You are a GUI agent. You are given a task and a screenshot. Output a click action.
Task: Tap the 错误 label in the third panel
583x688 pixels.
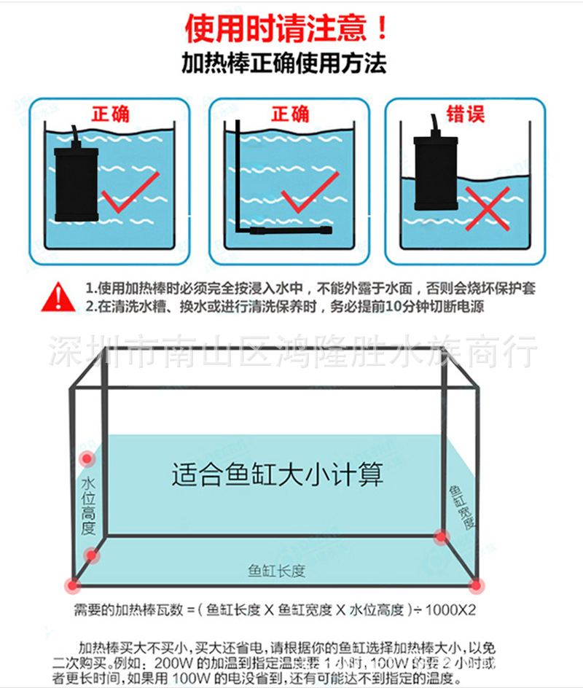click(x=466, y=114)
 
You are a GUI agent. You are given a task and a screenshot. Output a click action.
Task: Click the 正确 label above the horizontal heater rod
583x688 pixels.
click(x=290, y=114)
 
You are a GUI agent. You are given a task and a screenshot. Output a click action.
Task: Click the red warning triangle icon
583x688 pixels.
click(x=55, y=296)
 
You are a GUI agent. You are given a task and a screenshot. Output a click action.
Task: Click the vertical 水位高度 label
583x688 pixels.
click(x=89, y=506)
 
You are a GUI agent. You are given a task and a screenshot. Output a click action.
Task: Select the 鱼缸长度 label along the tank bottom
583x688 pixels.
click(x=276, y=571)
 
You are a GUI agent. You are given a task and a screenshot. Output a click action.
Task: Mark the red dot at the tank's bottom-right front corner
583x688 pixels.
click(x=476, y=584)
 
